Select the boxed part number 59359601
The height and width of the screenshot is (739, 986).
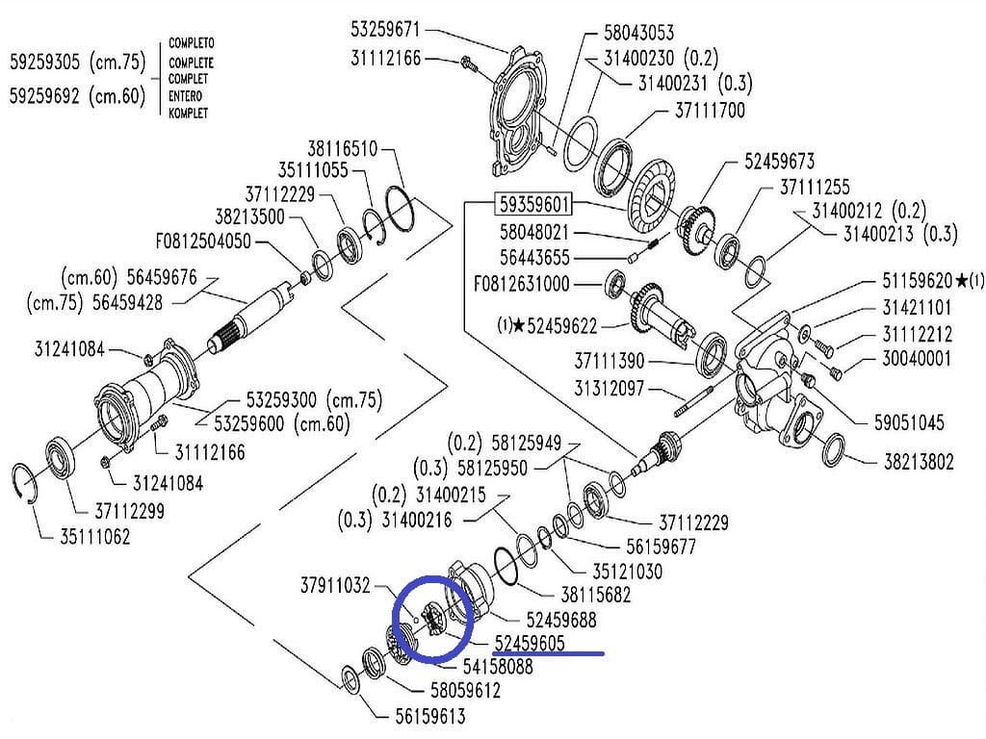533,205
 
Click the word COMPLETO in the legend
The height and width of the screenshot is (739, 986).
191,44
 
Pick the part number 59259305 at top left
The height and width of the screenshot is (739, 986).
45,64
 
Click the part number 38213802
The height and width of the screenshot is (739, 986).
919,462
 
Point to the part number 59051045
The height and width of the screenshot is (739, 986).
909,422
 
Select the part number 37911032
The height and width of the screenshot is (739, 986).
334,584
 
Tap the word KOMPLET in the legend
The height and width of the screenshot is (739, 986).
188,113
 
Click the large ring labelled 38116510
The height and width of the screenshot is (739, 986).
402,208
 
